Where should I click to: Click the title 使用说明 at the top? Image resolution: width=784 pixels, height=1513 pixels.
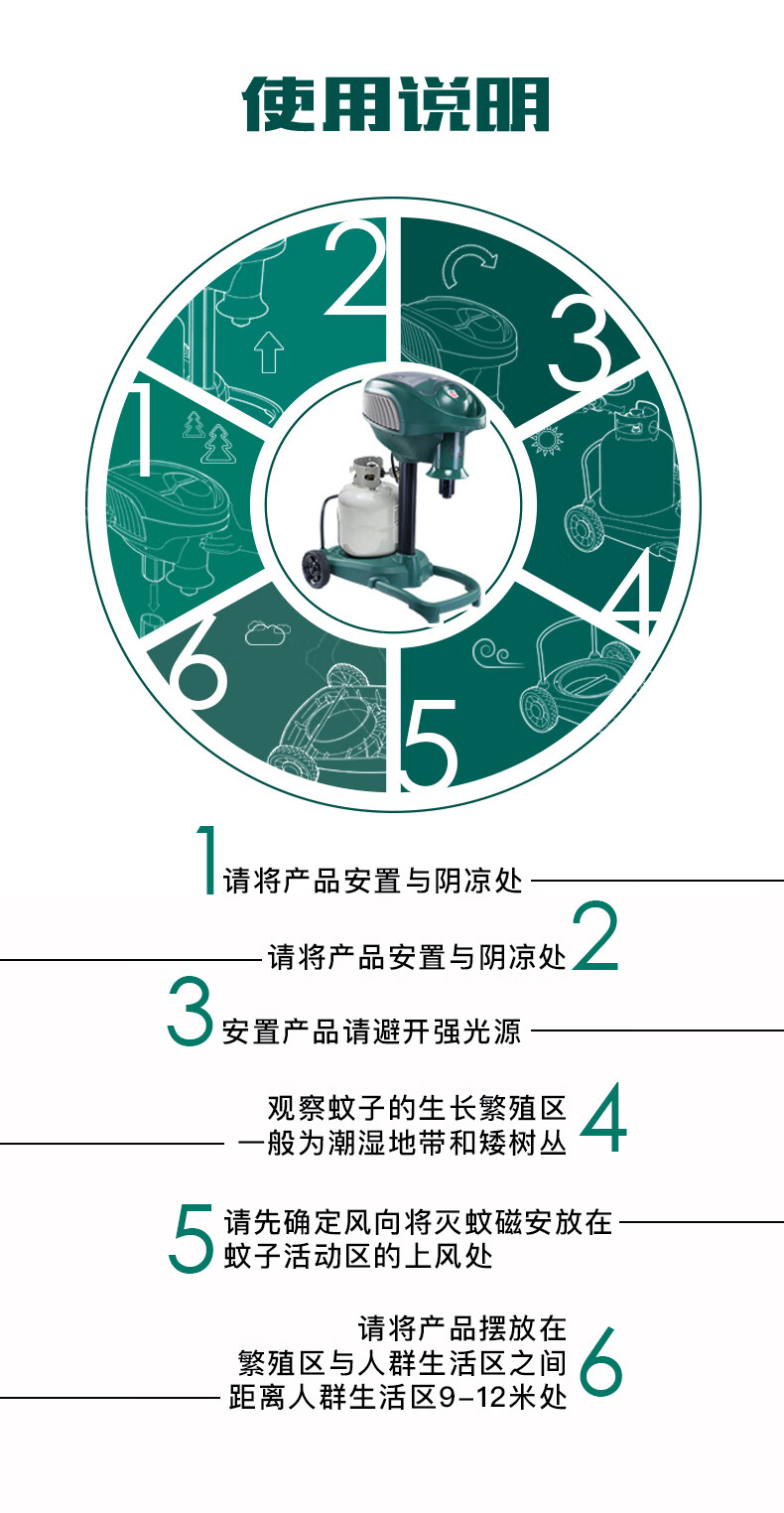(396, 103)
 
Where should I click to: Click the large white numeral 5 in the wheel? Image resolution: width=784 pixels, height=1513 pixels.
(430, 744)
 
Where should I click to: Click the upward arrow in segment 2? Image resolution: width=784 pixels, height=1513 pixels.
(269, 351)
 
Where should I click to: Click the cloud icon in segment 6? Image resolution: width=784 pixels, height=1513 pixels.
(264, 632)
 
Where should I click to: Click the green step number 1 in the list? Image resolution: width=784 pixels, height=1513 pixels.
(207, 860)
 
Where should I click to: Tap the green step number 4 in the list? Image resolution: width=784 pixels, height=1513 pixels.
(603, 1118)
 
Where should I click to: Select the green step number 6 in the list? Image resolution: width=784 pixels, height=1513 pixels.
(600, 1362)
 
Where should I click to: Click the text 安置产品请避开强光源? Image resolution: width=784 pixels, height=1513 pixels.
(371, 1032)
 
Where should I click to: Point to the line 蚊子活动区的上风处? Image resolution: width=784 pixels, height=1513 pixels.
(358, 1256)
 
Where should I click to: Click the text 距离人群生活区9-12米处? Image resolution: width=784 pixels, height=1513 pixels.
(397, 1397)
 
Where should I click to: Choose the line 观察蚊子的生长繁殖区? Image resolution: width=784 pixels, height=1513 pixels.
(417, 1108)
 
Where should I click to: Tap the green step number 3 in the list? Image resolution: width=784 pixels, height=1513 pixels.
(191, 1011)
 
